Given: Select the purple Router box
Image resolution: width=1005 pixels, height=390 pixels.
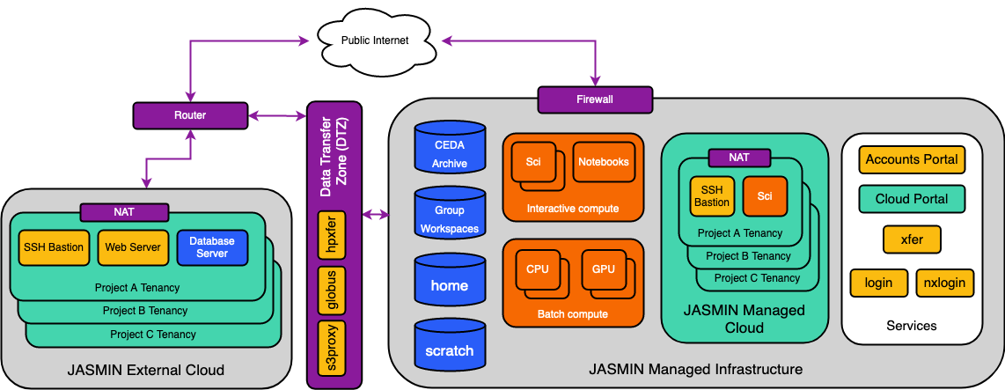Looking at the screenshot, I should (x=190, y=114).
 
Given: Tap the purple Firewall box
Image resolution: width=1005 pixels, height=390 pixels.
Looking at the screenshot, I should (x=595, y=99).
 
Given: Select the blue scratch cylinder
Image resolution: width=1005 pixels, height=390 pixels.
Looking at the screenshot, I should (x=450, y=350).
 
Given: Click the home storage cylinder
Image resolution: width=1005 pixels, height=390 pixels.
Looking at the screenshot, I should (x=450, y=284).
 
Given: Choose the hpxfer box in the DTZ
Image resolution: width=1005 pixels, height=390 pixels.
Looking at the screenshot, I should (x=333, y=235).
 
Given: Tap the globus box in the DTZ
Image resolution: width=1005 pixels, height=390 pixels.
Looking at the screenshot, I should (x=333, y=290).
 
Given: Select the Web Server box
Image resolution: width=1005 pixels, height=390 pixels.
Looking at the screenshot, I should (x=133, y=247).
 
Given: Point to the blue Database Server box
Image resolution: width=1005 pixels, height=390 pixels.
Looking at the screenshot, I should (x=212, y=247).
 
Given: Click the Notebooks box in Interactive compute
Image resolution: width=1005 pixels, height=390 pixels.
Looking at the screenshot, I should (x=604, y=162).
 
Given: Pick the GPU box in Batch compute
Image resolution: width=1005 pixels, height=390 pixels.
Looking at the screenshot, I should (x=604, y=269).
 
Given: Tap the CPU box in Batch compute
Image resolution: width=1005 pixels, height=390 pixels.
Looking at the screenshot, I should (x=538, y=269).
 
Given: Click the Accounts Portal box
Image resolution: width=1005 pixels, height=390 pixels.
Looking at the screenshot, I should (x=911, y=159).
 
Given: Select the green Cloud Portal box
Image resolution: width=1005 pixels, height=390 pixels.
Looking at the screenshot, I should (x=911, y=199).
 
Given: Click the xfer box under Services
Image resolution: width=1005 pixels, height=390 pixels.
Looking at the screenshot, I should (x=911, y=239).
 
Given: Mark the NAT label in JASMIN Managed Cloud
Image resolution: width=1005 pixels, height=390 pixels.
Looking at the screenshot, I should (x=739, y=158).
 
